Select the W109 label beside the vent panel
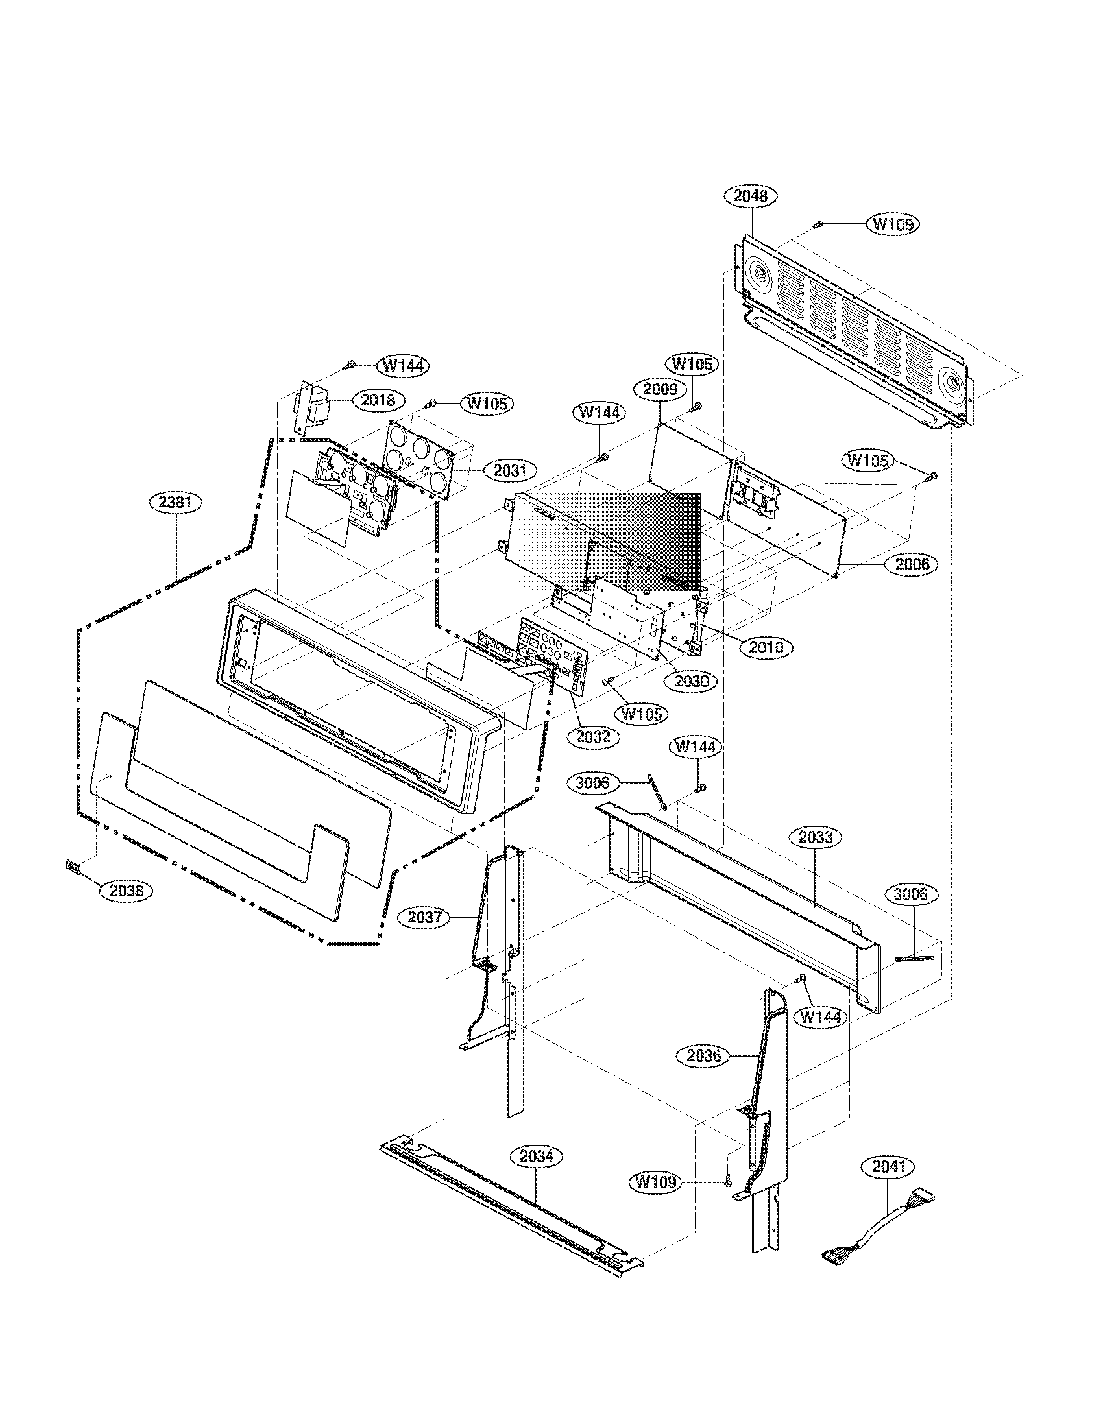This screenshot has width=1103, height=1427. [x=893, y=224]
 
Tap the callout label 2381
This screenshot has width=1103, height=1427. [x=175, y=503]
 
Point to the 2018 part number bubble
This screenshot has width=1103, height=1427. [x=378, y=400]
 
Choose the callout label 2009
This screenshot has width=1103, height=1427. [x=659, y=390]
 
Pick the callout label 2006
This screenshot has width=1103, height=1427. [x=912, y=564]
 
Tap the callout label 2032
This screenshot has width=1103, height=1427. [x=592, y=736]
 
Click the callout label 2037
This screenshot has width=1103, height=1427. [x=425, y=917]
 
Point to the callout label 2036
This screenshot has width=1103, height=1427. [x=704, y=1055]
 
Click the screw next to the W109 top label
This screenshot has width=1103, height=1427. [x=818, y=225]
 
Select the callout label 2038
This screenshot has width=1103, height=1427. [x=126, y=890]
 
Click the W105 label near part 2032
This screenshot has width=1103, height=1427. [x=642, y=713]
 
